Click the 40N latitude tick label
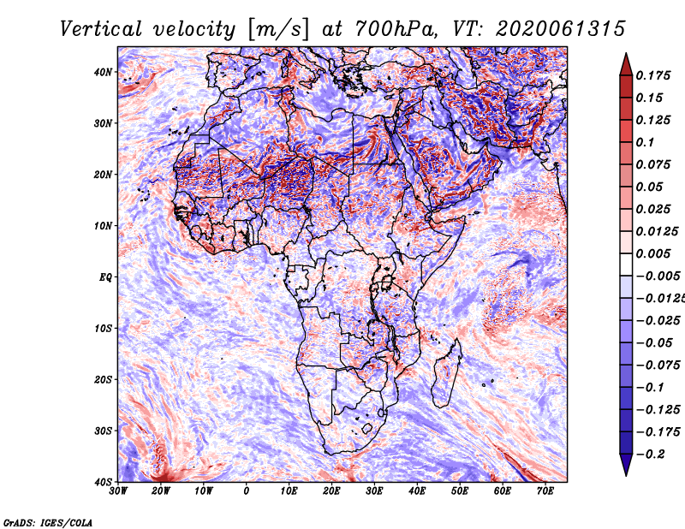[x=103, y=72]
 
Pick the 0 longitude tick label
[x=247, y=491]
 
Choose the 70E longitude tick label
[x=545, y=491]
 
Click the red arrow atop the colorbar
[x=626, y=63]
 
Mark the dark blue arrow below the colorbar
[x=626, y=465]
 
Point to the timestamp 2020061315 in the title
[x=547, y=29]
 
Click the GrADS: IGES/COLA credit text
[x=48, y=521]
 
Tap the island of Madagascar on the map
[x=444, y=371]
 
